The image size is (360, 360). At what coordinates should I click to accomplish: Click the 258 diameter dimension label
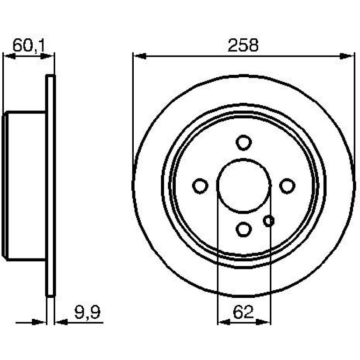(x=243, y=45)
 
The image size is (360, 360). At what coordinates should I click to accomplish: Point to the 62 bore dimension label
(x=243, y=312)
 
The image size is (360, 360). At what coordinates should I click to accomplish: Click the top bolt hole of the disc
(x=244, y=143)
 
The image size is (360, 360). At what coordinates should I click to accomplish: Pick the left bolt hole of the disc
(x=200, y=186)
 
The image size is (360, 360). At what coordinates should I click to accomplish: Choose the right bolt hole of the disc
(x=287, y=186)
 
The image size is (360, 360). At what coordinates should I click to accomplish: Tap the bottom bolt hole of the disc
(x=244, y=230)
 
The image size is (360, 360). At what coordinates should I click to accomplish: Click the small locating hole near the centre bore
(x=269, y=221)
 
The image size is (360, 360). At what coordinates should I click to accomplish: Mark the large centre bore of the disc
(x=244, y=186)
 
